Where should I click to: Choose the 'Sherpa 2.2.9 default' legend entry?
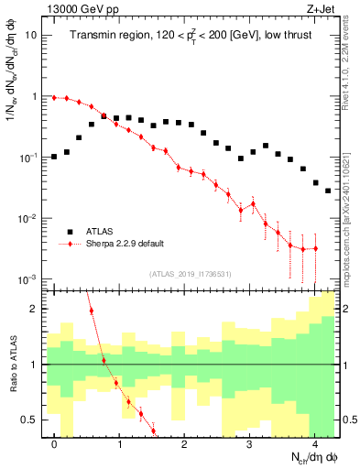[x=125, y=244]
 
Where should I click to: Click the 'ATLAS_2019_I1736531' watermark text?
[x=189, y=274]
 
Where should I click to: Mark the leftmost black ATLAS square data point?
[x=55, y=157]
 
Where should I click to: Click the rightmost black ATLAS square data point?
[x=327, y=191]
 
